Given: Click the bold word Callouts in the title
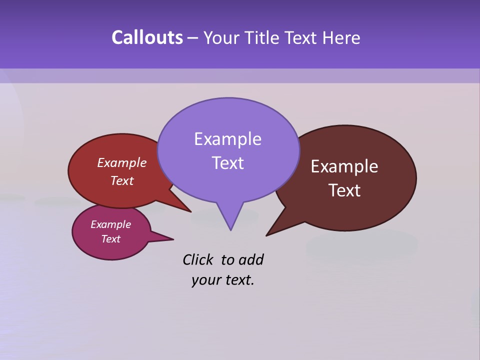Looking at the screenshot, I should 147,37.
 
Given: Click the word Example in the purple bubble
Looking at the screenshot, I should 227,139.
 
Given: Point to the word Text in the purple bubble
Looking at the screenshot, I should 227,163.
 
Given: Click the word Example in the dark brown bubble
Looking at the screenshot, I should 344,166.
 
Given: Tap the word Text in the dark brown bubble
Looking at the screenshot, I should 344,190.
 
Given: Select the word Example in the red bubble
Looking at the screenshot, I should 122,162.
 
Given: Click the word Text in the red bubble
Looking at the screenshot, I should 122,180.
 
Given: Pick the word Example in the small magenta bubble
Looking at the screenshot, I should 111,224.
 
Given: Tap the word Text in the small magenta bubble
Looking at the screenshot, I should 111,239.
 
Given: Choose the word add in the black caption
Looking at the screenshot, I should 251,259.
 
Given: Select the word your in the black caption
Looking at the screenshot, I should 205,279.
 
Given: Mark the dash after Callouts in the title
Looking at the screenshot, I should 193,38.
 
